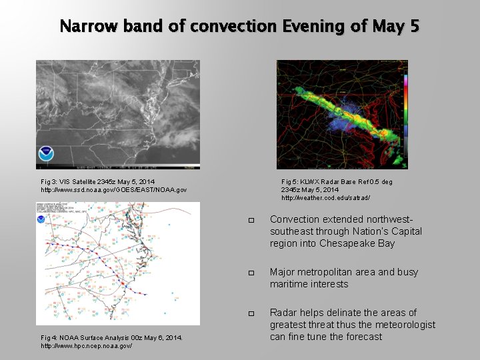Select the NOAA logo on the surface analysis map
point(41,218)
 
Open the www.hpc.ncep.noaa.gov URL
point(86,346)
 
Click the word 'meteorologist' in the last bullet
point(405,325)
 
